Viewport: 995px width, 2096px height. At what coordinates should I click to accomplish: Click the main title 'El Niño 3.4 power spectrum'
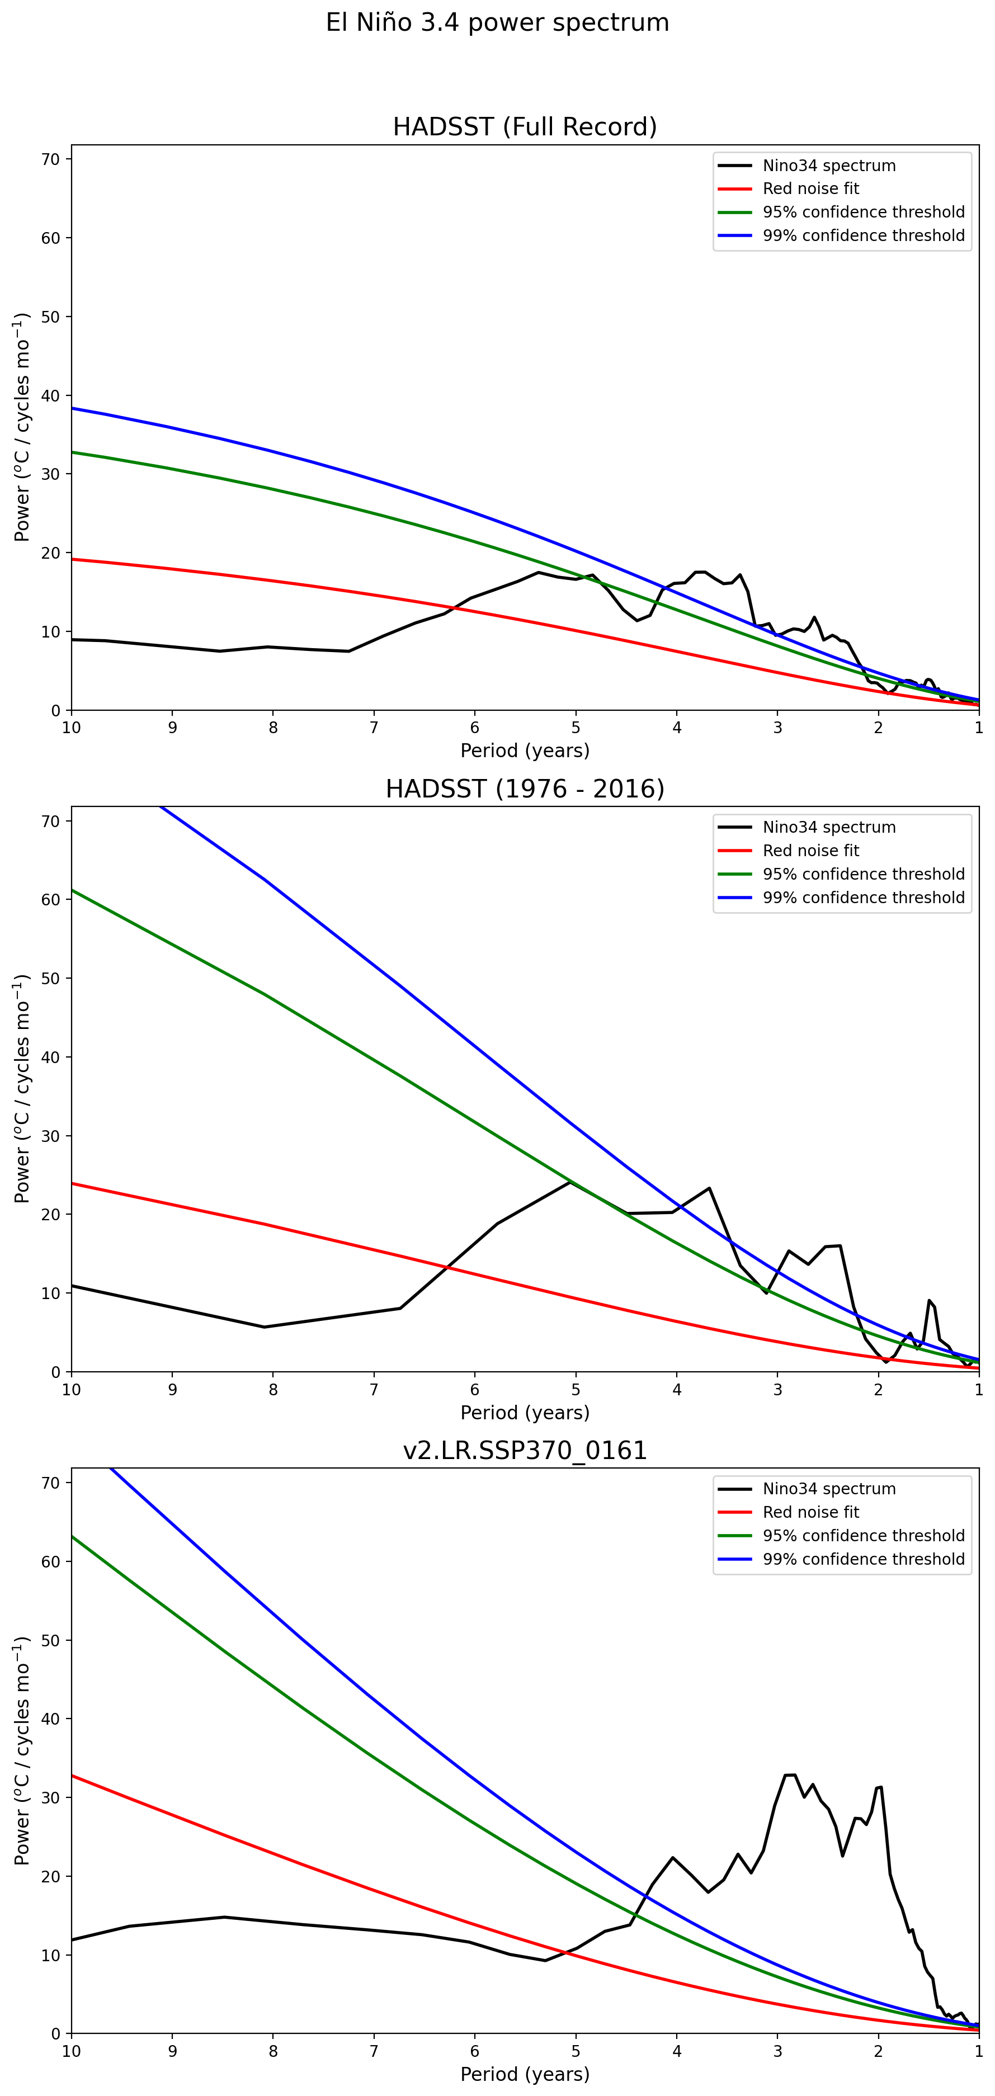coord(497,23)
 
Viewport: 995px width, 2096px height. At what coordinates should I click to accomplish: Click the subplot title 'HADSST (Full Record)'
coord(525,127)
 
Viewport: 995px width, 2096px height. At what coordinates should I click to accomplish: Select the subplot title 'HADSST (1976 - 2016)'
coord(525,789)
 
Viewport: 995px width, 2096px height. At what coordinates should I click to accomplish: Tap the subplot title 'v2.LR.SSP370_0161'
coord(525,1450)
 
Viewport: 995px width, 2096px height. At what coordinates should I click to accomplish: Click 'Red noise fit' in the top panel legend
coord(810,189)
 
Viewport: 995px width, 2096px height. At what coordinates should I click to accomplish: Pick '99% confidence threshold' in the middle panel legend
coord(863,898)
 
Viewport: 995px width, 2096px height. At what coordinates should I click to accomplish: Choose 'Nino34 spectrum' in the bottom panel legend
coord(828,1489)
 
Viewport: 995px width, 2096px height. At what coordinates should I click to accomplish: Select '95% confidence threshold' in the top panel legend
coord(863,213)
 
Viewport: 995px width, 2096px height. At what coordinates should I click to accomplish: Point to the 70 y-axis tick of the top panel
coord(50,159)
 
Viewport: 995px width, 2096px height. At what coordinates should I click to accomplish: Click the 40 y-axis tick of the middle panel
coord(50,1058)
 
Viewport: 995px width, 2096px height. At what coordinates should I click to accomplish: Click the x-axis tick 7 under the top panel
coord(374,728)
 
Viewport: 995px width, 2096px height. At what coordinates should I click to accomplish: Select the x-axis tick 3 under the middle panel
coord(778,1390)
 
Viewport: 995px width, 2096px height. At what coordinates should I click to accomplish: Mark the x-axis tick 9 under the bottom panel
coord(172,2051)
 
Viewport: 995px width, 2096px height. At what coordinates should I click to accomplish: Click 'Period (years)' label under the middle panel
coord(525,1413)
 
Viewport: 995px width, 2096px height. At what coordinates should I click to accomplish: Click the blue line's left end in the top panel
coord(72,408)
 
